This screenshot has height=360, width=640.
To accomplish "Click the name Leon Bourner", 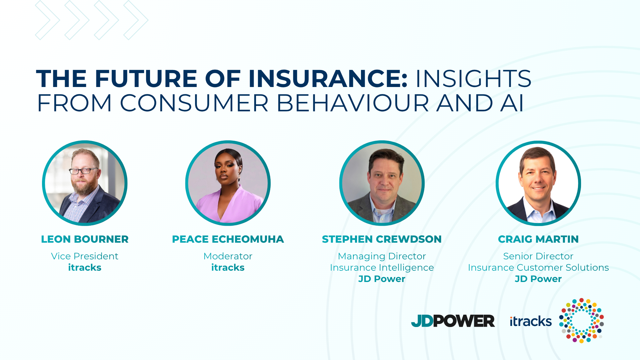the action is click(85, 239).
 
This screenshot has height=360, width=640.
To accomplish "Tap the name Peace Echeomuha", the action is click(228, 239).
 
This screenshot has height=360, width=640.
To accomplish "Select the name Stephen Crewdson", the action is click(382, 239).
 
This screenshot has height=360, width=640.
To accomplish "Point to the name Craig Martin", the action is click(538, 239).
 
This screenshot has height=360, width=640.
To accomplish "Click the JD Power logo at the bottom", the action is click(453, 321).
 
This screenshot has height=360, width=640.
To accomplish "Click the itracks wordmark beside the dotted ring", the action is click(531, 321).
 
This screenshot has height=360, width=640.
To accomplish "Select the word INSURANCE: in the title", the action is click(328, 79).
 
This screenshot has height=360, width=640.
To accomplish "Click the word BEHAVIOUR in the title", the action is click(353, 103).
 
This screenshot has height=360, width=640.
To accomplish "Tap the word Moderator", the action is click(228, 256).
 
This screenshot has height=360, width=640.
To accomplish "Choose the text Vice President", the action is click(85, 256).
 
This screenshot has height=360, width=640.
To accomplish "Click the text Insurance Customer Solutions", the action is click(538, 267).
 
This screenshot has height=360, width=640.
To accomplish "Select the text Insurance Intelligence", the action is click(382, 267).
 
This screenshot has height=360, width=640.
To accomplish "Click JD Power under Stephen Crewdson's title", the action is click(382, 279).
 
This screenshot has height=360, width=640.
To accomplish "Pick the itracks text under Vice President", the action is click(85, 267).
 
